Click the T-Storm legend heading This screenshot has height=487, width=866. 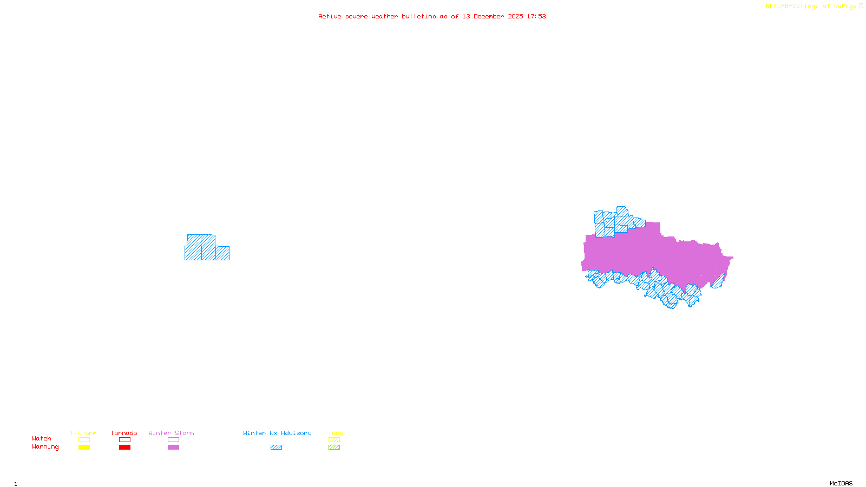pyautogui.click(x=83, y=433)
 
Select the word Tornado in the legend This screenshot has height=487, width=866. pyautogui.click(x=124, y=433)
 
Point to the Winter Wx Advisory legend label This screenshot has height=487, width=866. pyautogui.click(x=277, y=433)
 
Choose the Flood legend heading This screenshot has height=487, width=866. pyautogui.click(x=334, y=433)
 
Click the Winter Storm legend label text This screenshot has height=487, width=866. pyautogui.click(x=171, y=433)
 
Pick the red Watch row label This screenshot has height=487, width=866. pyautogui.click(x=42, y=438)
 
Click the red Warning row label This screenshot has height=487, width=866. pyautogui.click(x=45, y=447)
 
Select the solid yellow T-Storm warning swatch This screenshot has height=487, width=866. pyautogui.click(x=84, y=447)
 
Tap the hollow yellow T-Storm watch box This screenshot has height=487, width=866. pyautogui.click(x=84, y=440)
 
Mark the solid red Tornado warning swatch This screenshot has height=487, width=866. pyautogui.click(x=124, y=447)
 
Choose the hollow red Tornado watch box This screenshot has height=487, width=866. pyautogui.click(x=124, y=440)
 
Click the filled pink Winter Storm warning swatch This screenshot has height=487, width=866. pyautogui.click(x=173, y=447)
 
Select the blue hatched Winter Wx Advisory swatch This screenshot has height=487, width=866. pyautogui.click(x=276, y=447)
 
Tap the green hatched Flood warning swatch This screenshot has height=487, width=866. pyautogui.click(x=334, y=447)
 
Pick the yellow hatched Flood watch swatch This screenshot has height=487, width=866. pyautogui.click(x=334, y=440)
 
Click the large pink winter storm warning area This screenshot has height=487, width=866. pyautogui.click(x=649, y=254)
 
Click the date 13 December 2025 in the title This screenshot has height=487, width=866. pyautogui.click(x=493, y=16)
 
